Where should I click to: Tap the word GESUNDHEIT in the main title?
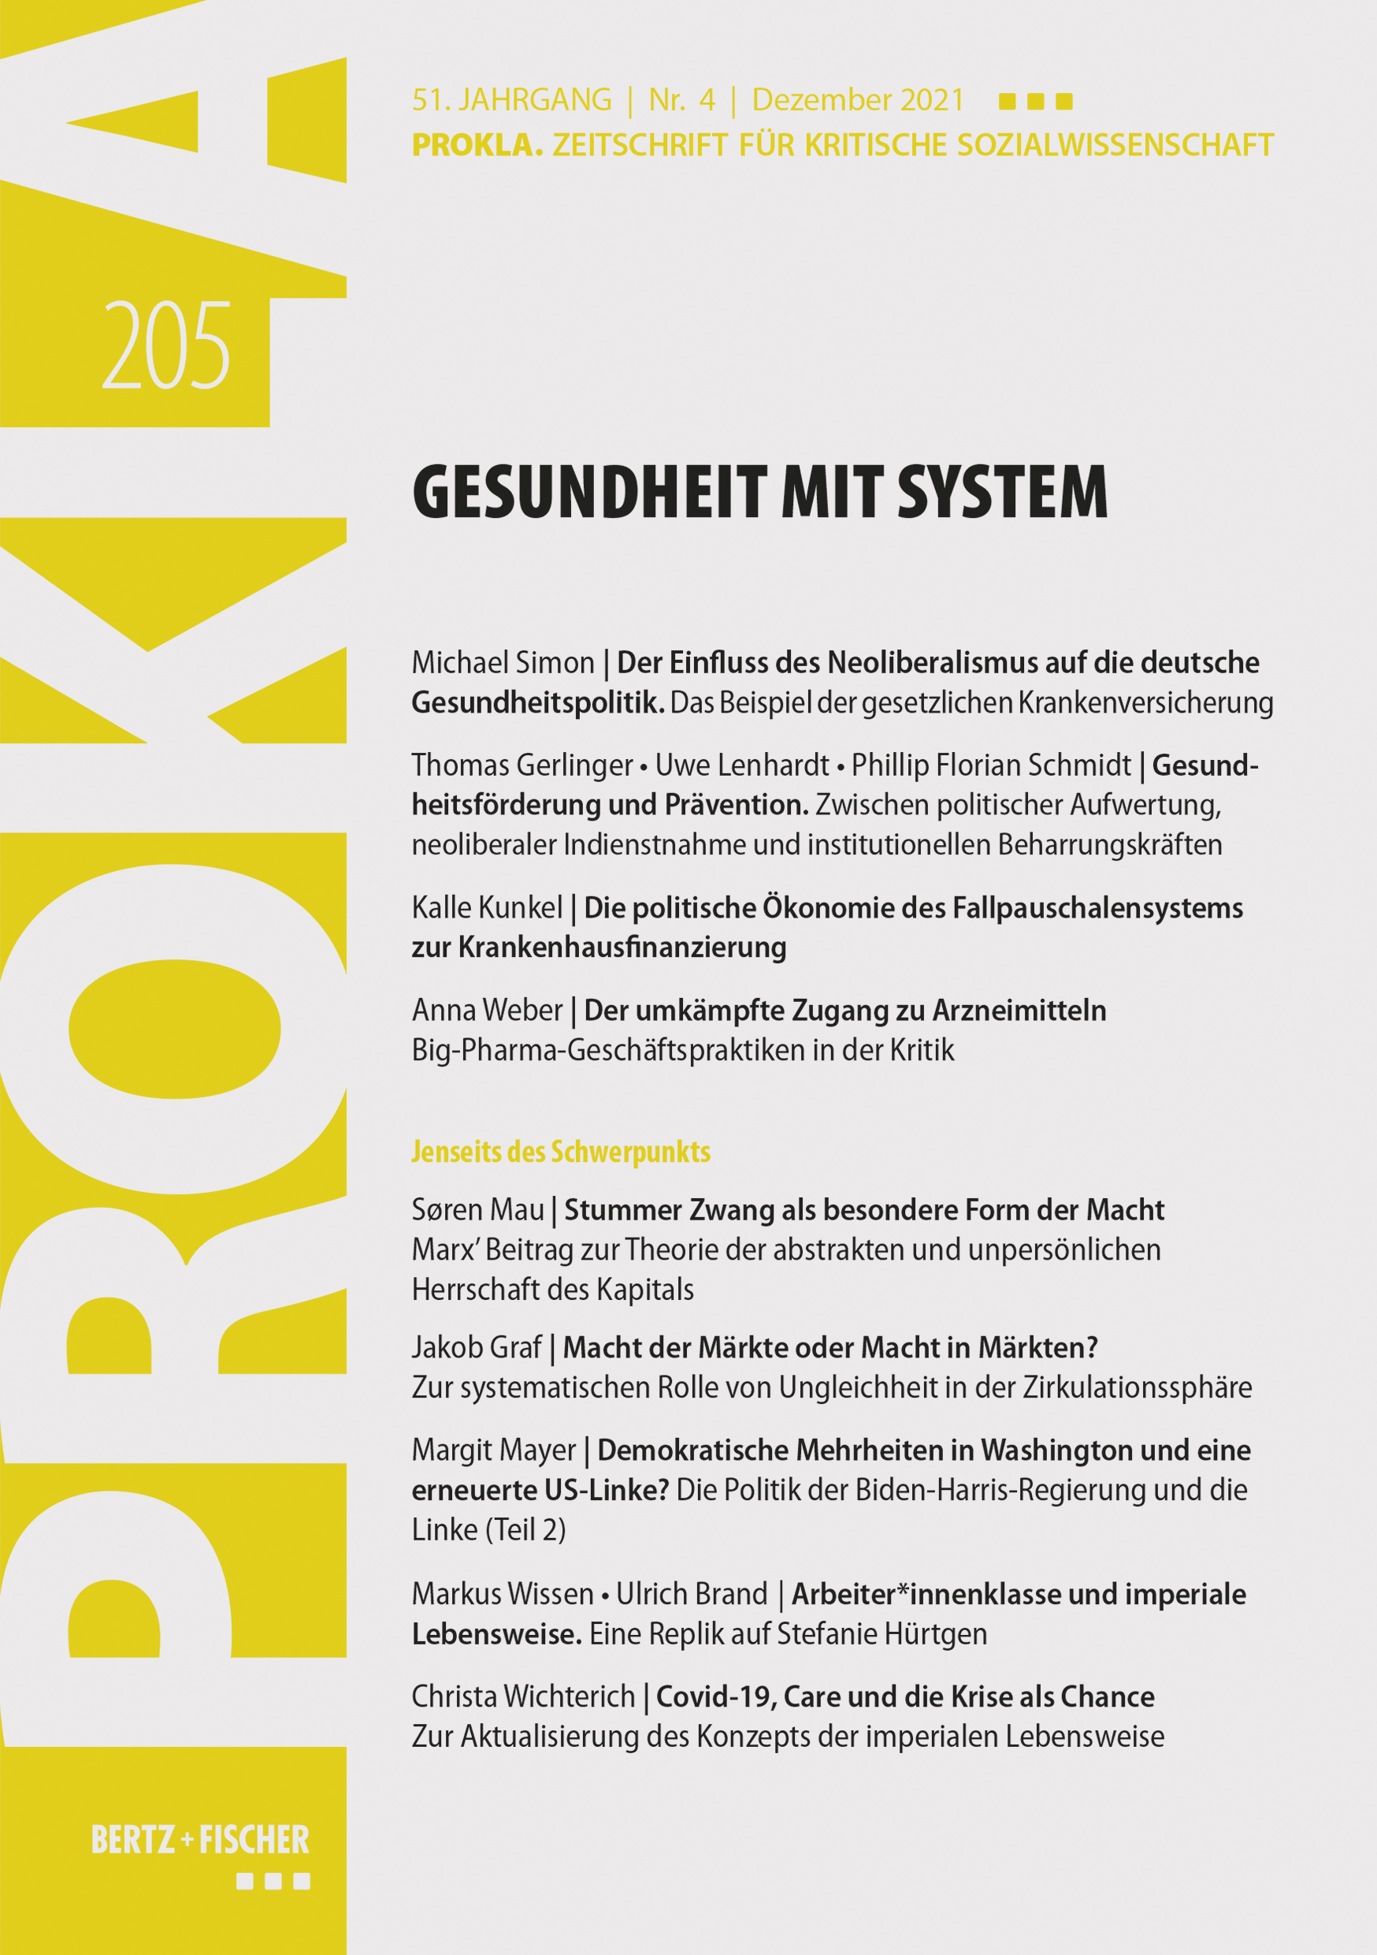(x=590, y=492)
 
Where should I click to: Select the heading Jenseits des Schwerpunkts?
(x=561, y=1152)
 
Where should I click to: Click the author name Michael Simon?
(x=503, y=662)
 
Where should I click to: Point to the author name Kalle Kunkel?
(x=487, y=907)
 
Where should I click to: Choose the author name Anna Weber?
(x=487, y=1010)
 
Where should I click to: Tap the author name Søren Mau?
(x=477, y=1210)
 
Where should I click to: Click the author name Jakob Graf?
(x=477, y=1347)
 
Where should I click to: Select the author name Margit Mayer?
(x=494, y=1450)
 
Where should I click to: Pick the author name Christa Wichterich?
(x=523, y=1696)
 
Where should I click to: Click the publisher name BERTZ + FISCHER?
(x=200, y=1840)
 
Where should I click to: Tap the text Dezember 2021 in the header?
(x=858, y=100)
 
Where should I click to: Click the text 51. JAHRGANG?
(x=511, y=100)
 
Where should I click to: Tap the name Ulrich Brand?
(x=691, y=1594)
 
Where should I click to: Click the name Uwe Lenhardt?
(x=741, y=765)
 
